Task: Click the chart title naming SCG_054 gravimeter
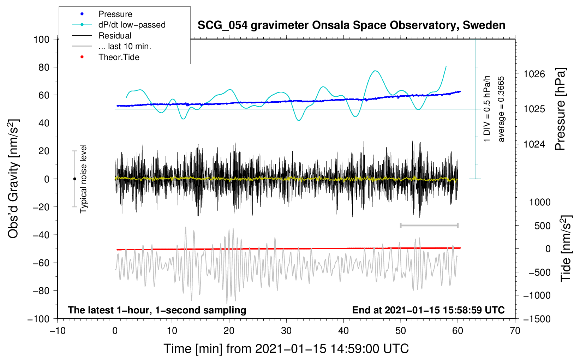click(351, 25)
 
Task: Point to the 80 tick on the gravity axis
click(44, 67)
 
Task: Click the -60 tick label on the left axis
click(41, 263)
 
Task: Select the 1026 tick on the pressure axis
click(534, 74)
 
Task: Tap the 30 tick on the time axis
click(286, 331)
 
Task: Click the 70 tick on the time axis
click(515, 331)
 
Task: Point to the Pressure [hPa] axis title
click(560, 109)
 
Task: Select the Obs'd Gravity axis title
click(13, 179)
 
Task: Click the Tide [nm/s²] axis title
click(566, 249)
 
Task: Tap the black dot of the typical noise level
click(74, 179)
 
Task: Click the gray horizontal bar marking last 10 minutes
click(429, 225)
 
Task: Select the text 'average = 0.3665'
click(501, 109)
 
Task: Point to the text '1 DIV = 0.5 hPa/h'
click(486, 109)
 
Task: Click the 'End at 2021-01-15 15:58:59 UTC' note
click(428, 310)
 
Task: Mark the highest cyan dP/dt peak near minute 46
click(375, 71)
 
